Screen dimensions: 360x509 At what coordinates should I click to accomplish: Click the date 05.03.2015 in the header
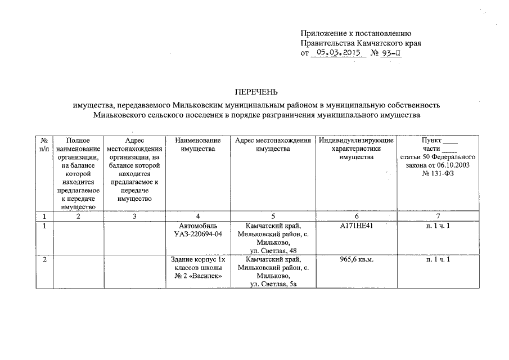[338, 53]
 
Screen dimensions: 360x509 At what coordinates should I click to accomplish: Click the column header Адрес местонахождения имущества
[273, 145]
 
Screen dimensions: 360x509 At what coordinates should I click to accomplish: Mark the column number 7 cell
[438, 216]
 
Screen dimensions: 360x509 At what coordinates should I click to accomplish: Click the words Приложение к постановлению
[357, 32]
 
